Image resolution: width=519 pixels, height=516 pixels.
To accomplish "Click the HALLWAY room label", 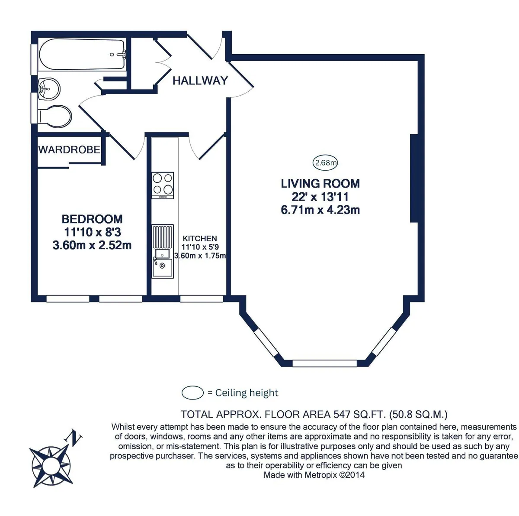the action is [200, 81].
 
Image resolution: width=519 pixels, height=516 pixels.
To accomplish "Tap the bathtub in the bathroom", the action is [82, 55].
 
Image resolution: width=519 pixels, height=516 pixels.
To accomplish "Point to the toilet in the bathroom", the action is [55, 116].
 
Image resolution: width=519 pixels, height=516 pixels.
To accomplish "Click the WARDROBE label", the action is [69, 149].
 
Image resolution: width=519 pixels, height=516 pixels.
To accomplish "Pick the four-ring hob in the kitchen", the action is [163, 185].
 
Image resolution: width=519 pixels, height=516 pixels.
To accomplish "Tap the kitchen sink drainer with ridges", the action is [163, 237].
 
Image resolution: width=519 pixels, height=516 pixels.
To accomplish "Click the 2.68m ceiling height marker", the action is [325, 162].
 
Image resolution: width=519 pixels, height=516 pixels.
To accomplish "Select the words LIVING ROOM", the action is [320, 184].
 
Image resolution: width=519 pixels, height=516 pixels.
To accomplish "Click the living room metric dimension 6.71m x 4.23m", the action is [320, 210].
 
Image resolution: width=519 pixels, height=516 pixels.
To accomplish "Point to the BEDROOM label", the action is [92, 219].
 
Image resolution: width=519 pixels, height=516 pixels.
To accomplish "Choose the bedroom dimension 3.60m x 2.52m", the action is [92, 245].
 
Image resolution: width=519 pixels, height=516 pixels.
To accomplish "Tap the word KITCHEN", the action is [199, 238].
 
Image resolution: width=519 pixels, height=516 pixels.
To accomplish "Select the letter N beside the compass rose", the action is [73, 437].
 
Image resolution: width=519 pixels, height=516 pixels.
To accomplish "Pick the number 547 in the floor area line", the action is [342, 414].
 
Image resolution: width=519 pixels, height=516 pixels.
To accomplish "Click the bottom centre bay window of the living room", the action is [324, 363].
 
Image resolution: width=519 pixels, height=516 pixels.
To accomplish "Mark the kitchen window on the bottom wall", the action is [202, 299].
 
